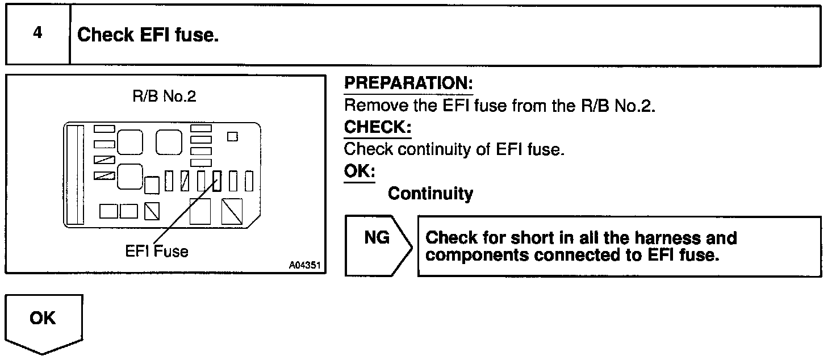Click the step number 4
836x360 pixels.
click(37, 34)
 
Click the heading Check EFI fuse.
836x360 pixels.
click(148, 35)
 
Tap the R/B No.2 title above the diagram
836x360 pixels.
click(164, 96)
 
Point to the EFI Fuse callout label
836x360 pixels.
click(157, 250)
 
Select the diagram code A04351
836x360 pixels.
click(304, 265)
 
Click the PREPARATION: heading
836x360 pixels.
click(408, 83)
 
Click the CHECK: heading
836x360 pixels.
click(378, 128)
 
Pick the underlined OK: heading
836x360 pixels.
click(360, 171)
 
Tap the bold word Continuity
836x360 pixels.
click(430, 194)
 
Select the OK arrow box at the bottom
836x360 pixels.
click(44, 324)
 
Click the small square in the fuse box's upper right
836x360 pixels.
click(232, 136)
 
